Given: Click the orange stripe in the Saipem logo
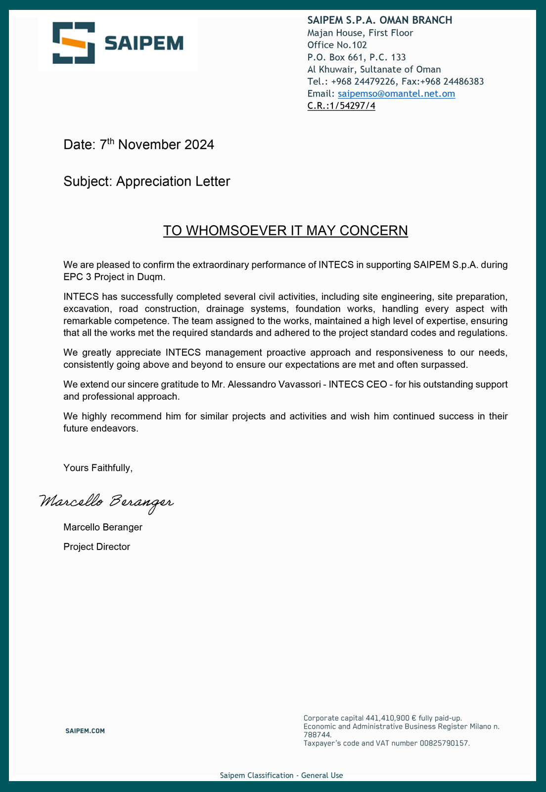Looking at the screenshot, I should click(74, 43).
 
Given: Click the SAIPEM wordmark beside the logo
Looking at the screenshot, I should click(144, 44).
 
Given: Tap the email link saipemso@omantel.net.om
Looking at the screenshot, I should click(396, 94).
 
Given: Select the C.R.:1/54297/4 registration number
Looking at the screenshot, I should click(341, 105).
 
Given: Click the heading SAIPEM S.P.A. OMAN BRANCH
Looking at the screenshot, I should click(379, 20).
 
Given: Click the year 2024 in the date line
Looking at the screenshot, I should click(199, 145).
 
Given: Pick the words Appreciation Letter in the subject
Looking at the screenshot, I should click(173, 182).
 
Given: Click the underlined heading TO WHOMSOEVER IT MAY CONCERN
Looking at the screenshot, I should click(285, 231).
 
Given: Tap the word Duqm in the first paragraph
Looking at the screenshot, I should click(153, 277).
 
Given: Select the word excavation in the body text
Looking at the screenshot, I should click(86, 309).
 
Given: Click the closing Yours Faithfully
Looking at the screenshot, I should click(98, 468).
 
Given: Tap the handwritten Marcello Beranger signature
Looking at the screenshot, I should click(106, 502).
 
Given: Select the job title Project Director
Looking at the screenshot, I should click(97, 547).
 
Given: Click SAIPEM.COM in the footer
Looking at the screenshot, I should click(85, 731).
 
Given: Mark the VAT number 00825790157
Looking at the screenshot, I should click(444, 743).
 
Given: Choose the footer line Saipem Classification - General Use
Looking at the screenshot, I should click(281, 776).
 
